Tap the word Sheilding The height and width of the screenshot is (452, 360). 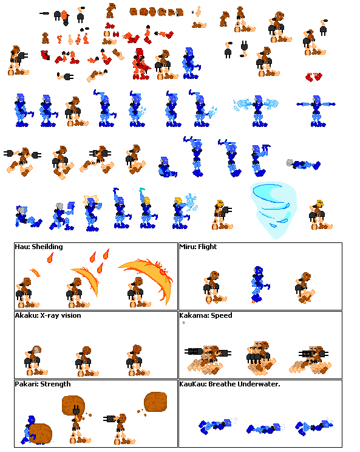[x=47, y=247]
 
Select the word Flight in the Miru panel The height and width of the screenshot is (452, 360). [x=208, y=247]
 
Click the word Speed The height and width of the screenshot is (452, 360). [x=222, y=316]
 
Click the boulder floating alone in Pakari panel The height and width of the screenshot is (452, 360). [x=155, y=402]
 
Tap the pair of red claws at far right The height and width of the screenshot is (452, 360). [x=314, y=77]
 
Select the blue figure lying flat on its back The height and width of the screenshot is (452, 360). [x=304, y=164]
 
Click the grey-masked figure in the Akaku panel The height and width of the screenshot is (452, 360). [x=35, y=361]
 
